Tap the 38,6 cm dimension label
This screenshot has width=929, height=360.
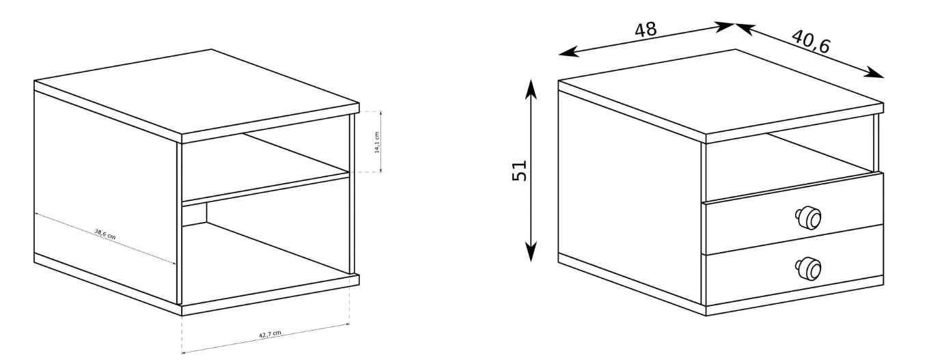tap(105, 232)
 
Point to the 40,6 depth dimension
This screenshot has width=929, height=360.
tap(812, 42)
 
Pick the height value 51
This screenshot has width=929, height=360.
tap(519, 170)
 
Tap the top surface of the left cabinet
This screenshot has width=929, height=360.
tap(198, 92)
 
